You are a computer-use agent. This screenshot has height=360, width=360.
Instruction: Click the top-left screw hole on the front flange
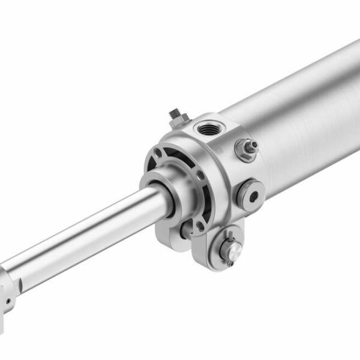tap(158, 152)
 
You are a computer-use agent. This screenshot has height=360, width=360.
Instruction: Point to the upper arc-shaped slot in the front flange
tap(180, 157)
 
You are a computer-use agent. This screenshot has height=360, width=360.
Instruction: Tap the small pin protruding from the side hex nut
tap(253, 144)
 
